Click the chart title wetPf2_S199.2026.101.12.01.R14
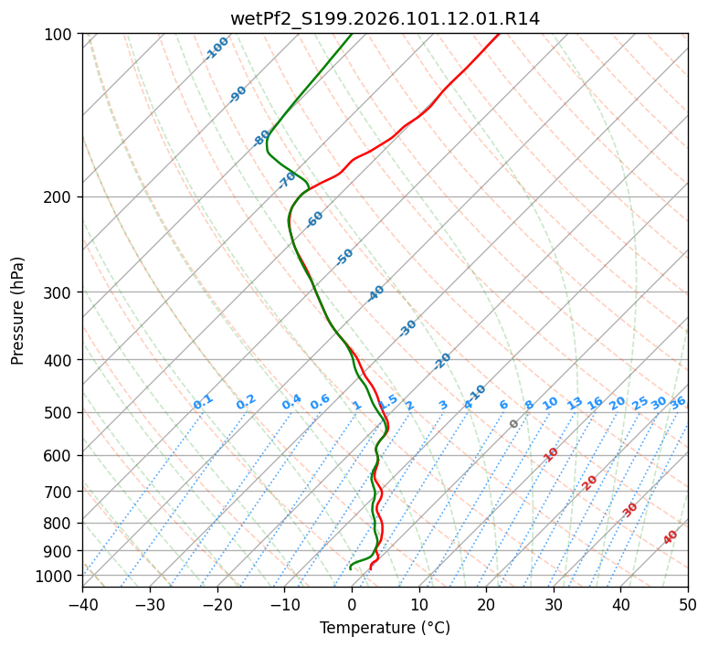point(385,18)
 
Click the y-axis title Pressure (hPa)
point(18,311)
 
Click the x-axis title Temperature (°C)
point(385,629)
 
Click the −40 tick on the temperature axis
point(82,605)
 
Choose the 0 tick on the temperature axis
point(352,605)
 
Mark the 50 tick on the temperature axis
point(688,605)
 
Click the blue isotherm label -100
point(217,48)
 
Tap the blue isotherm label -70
point(288,180)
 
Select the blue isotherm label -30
point(407,329)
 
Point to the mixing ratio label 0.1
point(203,402)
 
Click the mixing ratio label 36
point(678,402)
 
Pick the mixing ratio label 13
point(575,403)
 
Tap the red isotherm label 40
point(671,537)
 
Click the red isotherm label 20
point(590,483)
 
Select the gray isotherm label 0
point(514,424)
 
